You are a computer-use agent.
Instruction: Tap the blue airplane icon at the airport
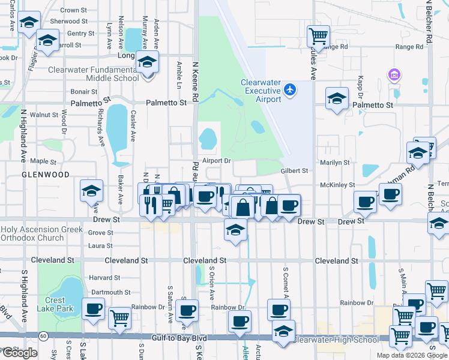291,89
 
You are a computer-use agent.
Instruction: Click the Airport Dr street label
217,161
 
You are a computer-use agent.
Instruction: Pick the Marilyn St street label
335,163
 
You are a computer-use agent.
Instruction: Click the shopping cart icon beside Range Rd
318,37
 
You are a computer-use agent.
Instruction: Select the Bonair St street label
84,92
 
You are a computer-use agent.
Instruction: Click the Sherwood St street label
69,21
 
